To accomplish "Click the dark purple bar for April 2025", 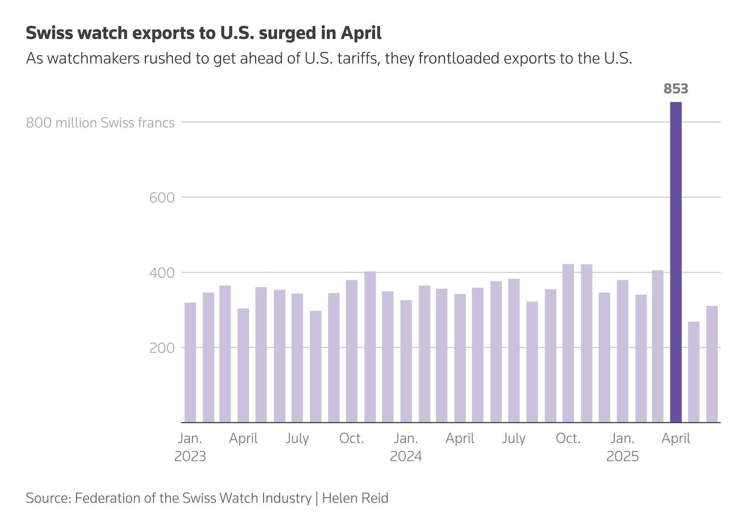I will [676, 262].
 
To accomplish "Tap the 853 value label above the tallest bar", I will [676, 89].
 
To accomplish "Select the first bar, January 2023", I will [190, 363].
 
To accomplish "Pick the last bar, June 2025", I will [712, 364].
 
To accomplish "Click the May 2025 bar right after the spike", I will [694, 372].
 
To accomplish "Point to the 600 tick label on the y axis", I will [162, 198].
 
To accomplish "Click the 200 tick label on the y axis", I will [162, 348].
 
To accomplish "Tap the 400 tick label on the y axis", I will [162, 273].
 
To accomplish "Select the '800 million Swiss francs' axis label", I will [100, 123].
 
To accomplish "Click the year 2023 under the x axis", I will [190, 456].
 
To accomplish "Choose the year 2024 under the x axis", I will [406, 456].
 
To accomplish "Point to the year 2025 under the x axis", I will [623, 456].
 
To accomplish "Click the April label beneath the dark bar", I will [676, 438].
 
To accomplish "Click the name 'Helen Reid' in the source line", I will [355, 498].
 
